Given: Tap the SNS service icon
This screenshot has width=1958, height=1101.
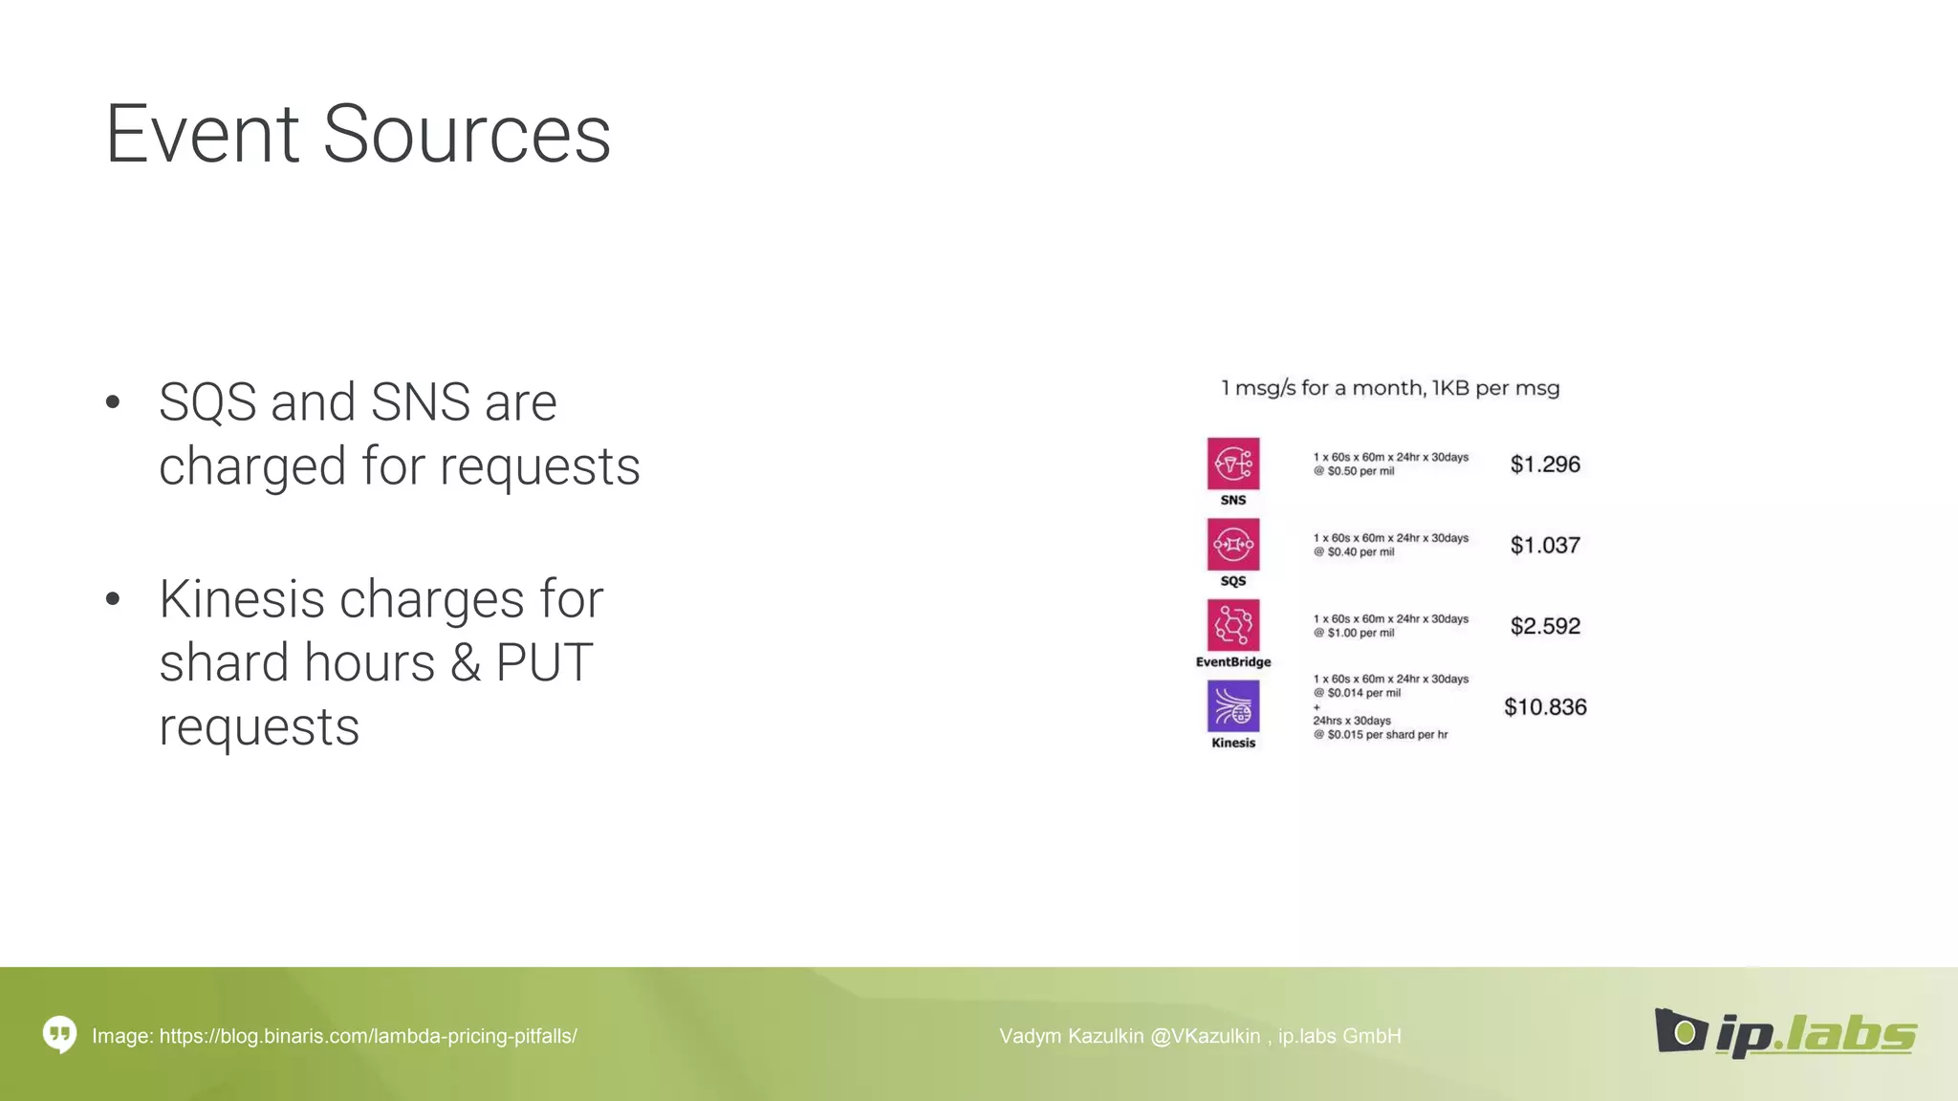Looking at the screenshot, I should point(1232,464).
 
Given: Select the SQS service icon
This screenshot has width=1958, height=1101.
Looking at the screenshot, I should point(1232,545).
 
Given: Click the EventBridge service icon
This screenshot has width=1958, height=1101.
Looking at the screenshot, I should point(1232,625).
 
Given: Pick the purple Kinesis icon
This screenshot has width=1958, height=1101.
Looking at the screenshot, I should point(1232,706).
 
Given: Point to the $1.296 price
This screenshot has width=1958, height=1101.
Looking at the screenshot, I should point(1545,464).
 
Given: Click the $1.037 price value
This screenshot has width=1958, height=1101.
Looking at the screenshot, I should point(1545,546).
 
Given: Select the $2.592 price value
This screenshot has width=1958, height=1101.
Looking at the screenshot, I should point(1545,626).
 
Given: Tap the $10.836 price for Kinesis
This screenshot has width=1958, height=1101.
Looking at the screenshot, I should point(1545,707).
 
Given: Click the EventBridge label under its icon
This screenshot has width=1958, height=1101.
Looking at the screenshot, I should point(1233,662).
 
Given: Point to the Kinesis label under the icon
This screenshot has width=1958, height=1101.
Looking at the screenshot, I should point(1233,743).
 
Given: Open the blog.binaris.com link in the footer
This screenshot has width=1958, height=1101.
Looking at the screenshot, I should point(368,1036).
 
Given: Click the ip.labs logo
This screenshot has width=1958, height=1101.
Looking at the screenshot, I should point(1786,1033).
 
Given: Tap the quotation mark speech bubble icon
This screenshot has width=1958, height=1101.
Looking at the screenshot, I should point(59,1034).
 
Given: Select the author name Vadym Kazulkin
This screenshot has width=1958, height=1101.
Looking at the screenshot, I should point(1071,1036).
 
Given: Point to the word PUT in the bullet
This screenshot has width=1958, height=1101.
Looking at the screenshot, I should point(544,663).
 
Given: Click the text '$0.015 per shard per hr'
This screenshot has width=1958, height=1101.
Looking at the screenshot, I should point(1387,735).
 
